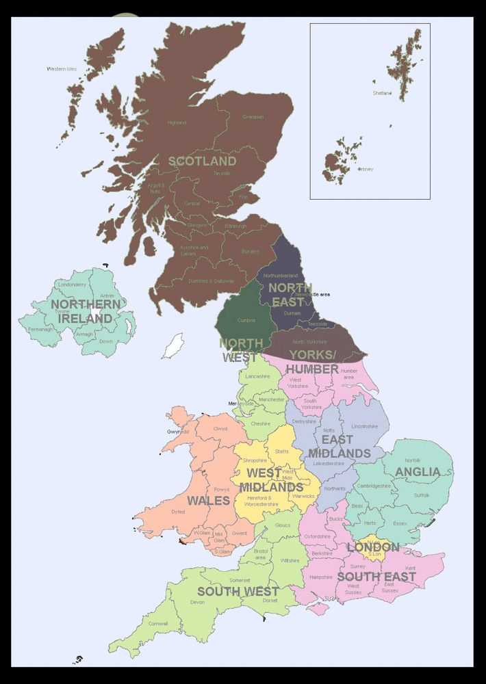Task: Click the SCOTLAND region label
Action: [202, 161]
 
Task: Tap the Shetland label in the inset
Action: [382, 93]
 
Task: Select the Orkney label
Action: [366, 170]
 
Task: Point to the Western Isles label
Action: [62, 69]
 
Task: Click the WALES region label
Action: [208, 501]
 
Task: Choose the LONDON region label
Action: [373, 547]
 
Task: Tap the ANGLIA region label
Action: [418, 472]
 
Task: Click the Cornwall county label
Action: [158, 623]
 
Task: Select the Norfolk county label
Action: [412, 460]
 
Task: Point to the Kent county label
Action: [410, 568]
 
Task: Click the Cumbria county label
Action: [246, 320]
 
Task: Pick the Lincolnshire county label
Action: [364, 426]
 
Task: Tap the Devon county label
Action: [197, 602]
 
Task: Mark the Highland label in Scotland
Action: [177, 123]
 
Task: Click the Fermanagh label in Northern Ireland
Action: [40, 329]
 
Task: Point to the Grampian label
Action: [253, 117]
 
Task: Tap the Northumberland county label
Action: [281, 276]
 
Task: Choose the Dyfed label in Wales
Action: [178, 511]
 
